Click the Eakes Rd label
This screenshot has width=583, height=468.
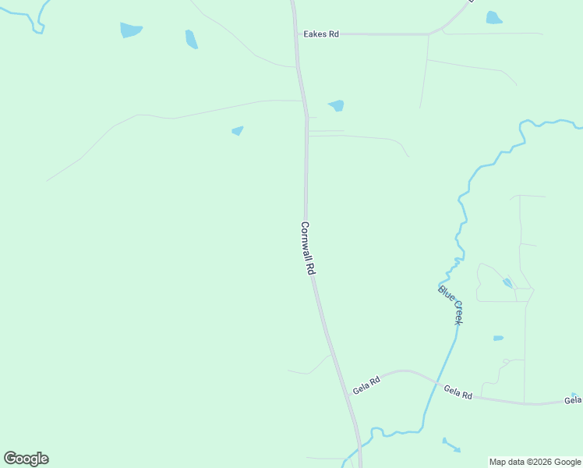coord(321,34)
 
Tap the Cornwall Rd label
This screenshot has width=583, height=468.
coord(307,248)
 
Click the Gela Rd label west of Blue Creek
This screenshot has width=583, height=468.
coord(366,385)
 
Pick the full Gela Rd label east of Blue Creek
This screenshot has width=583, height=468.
coord(458,392)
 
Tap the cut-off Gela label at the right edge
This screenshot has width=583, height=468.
coord(573,400)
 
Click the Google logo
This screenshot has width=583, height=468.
coord(26,459)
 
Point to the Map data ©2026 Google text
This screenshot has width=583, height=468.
coord(535,462)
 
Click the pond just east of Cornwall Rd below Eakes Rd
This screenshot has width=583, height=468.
coord(337,105)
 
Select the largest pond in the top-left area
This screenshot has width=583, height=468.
coord(131,30)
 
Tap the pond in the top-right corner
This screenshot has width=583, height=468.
coord(493,17)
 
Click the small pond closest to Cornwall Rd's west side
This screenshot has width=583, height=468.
coord(238,131)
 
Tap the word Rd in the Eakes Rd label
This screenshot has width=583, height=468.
coord(333,34)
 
